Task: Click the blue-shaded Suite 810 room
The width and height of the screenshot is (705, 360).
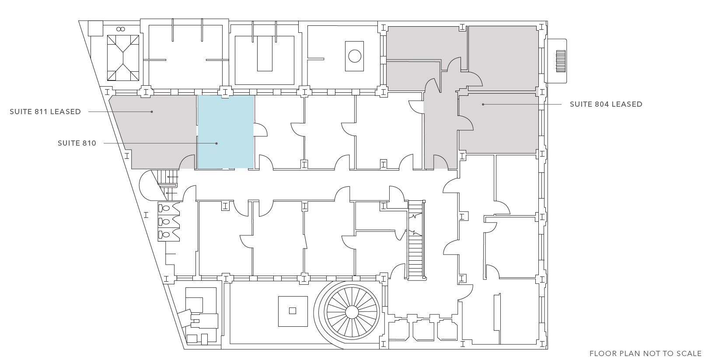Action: click(225, 132)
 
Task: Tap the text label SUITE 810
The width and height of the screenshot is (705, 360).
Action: click(77, 143)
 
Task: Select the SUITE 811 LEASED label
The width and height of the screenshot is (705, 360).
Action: click(45, 112)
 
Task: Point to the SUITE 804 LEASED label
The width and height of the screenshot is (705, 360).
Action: click(606, 104)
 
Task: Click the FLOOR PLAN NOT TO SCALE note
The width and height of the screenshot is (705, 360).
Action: click(645, 353)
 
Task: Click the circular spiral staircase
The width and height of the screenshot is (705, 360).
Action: click(352, 312)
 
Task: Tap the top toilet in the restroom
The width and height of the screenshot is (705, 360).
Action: click(164, 208)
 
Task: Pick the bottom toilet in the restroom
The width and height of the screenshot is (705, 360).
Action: click(164, 234)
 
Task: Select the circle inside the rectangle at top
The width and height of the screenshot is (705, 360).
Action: click(355, 56)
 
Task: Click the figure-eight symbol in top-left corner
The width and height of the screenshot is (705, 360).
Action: click(121, 29)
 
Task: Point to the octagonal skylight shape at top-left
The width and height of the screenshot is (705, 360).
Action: click(123, 58)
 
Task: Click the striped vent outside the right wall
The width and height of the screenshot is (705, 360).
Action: click(561, 61)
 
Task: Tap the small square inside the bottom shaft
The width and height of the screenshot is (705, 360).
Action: click(293, 311)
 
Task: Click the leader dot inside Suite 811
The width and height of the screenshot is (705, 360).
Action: click(152, 112)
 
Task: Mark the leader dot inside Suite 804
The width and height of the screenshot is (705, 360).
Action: click(483, 104)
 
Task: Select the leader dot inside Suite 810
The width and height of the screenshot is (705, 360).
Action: click(216, 143)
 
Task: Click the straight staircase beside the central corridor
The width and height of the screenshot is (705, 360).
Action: click(416, 240)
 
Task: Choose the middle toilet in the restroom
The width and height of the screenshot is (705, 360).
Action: click(164, 221)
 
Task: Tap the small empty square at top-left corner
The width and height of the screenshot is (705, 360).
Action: click(95, 28)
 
